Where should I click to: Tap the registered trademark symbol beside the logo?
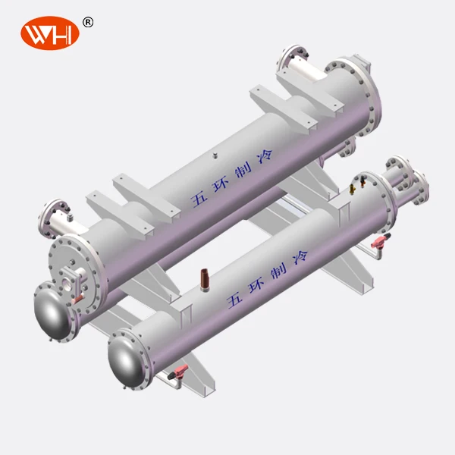pyautogui.click(x=88, y=22)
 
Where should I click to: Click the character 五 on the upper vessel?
pyautogui.click(x=199, y=198)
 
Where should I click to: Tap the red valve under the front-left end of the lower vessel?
pyautogui.click(x=180, y=371)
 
